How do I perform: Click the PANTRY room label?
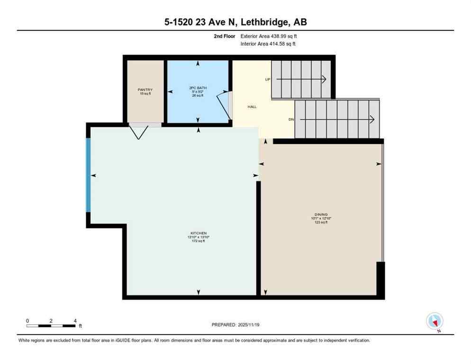[x=145, y=90]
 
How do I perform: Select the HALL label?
[x=252, y=107]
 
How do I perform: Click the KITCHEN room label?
[x=198, y=233]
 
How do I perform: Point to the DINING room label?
[x=321, y=214]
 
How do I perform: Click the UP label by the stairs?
[x=267, y=79]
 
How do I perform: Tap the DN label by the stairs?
[x=291, y=119]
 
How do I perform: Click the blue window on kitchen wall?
[x=88, y=175]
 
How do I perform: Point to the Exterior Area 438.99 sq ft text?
[x=269, y=36]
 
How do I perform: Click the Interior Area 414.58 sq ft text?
[x=268, y=44]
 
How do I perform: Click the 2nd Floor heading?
[x=224, y=36]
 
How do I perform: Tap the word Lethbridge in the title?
[x=252, y=22]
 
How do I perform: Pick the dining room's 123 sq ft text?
[x=321, y=222]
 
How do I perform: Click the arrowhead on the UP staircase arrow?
[x=324, y=79]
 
